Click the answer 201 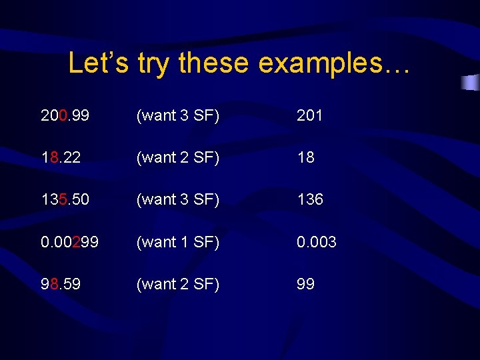tap(310, 115)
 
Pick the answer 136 tap(310, 199)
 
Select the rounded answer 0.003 tap(317, 242)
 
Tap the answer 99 tap(306, 284)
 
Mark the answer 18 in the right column tap(306, 157)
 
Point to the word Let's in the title tap(99, 63)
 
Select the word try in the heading tap(155, 63)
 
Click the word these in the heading tap(215, 63)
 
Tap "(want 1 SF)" tap(177, 242)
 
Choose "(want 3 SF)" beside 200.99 tap(177, 115)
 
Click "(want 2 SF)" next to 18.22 tap(177, 157)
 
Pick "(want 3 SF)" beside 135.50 tap(177, 199)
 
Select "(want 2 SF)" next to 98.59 tap(177, 284)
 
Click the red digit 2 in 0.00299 tap(77, 242)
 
